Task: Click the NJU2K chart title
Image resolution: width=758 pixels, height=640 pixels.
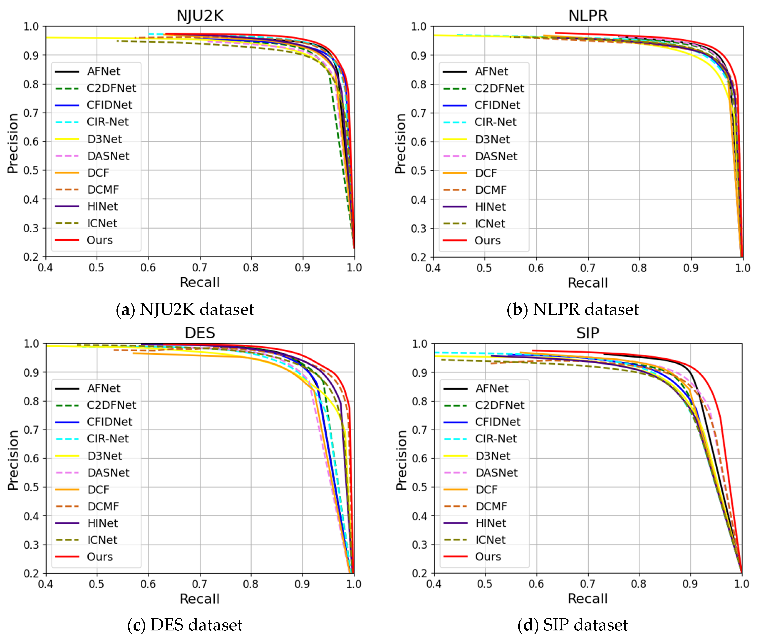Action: pos(200,16)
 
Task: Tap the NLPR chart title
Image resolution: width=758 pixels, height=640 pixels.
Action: pos(588,16)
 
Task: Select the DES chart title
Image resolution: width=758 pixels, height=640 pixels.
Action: pos(200,333)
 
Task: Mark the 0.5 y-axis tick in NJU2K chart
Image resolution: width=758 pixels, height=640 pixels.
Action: pos(31,171)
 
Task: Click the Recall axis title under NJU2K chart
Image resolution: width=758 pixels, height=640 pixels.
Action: pos(200,282)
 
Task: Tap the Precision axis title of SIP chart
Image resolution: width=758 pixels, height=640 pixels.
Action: pos(401,460)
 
